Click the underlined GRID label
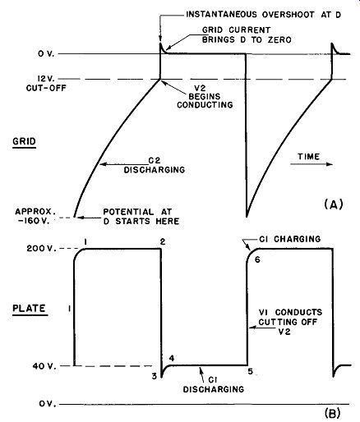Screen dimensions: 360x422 [x=24, y=141]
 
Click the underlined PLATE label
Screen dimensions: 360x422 [x=29, y=308]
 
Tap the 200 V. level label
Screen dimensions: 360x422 [x=41, y=249]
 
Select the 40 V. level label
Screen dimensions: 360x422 [x=44, y=366]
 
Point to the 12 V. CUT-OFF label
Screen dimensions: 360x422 [x=46, y=84]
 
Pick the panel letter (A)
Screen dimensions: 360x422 [x=334, y=204]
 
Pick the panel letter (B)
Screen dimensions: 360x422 [x=332, y=413]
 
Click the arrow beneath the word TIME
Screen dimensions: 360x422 [x=312, y=164]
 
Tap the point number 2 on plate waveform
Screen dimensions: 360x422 [x=163, y=241]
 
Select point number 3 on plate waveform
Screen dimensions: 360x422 [x=155, y=376]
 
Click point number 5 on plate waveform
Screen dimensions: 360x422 [x=251, y=372]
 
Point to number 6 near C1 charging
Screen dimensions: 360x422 [x=257, y=259]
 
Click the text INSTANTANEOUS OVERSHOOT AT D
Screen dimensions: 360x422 [x=263, y=15]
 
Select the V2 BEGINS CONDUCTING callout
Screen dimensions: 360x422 [x=205, y=96]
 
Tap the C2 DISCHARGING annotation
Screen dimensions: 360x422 [x=155, y=165]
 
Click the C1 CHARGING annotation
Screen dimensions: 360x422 [x=289, y=239]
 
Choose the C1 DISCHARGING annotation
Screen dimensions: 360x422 [x=214, y=385]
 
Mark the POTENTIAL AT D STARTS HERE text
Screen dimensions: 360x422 [x=141, y=216]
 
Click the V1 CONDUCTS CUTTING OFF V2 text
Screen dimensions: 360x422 [x=290, y=322]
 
